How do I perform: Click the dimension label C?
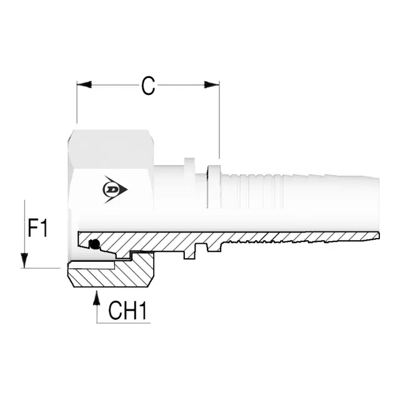tap(148, 86)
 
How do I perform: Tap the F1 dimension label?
tap(37, 228)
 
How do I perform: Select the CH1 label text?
tap(127, 311)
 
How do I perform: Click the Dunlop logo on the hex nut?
tap(114, 189)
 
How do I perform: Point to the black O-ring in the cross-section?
tap(94, 244)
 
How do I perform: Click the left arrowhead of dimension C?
tap(84, 85)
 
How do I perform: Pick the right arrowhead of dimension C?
tap(212, 85)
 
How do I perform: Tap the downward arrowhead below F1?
tap(24, 261)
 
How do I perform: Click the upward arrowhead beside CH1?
tap(96, 297)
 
